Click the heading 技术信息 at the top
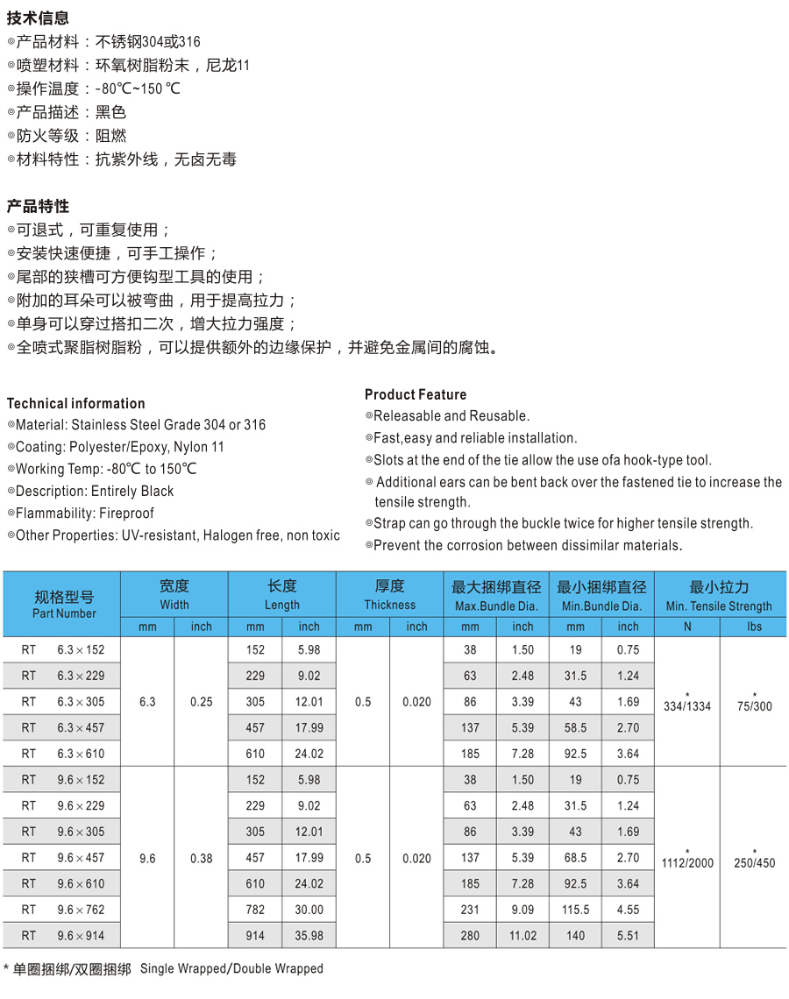pos(39,18)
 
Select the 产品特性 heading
pos(39,206)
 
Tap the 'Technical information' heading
pos(76,403)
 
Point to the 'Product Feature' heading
pos(416,394)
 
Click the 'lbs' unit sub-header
pos(754,627)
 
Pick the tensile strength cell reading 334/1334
pos(688,706)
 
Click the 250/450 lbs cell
pos(754,862)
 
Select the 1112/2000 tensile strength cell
pos(688,862)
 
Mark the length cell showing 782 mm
pos(255,910)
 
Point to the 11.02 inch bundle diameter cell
pos(522,936)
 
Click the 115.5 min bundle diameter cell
pos(575,910)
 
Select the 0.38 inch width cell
pos(202,859)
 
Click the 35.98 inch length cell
pos(309,936)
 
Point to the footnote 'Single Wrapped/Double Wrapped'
pos(231,968)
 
